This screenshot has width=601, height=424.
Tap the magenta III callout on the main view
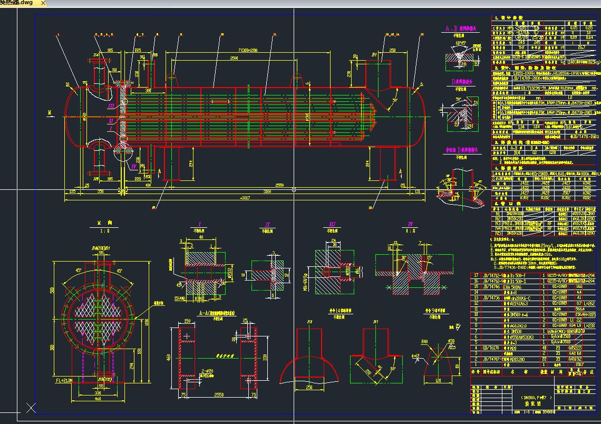[111, 106]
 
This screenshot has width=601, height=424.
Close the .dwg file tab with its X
[43, 3]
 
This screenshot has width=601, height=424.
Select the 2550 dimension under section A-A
[214, 394]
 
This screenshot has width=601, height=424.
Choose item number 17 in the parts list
[476, 275]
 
